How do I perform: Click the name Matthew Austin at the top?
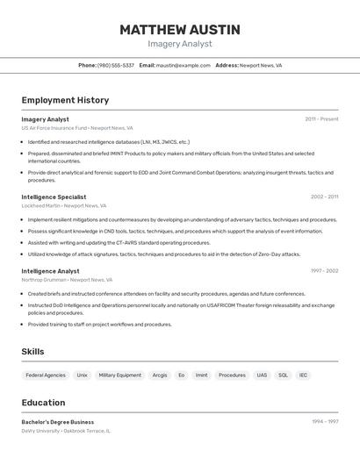click(x=180, y=29)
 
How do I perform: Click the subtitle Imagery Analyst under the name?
click(x=180, y=44)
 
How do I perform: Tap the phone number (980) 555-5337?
click(x=116, y=65)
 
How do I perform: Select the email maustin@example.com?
click(x=183, y=65)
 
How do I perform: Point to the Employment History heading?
click(x=65, y=100)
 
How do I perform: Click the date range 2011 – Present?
click(x=321, y=118)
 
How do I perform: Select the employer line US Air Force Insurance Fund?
click(x=77, y=127)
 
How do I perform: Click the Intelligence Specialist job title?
click(x=54, y=197)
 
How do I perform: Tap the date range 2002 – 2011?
click(x=324, y=197)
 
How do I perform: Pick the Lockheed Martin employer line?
click(x=64, y=205)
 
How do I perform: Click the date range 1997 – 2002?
click(x=324, y=271)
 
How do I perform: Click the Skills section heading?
click(x=32, y=352)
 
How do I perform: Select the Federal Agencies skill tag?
click(x=46, y=375)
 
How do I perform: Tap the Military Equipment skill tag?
click(x=119, y=375)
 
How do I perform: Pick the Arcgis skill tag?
click(x=160, y=375)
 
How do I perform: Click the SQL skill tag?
click(x=283, y=375)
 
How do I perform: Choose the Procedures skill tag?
click(x=232, y=375)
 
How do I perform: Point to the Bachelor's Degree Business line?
click(x=58, y=422)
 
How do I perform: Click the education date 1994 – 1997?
click(x=325, y=422)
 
